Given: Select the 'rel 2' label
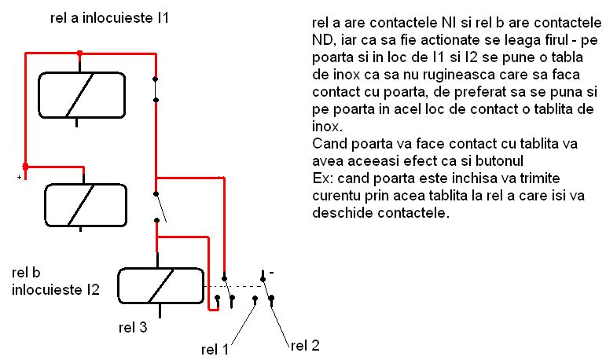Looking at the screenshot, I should (305, 344).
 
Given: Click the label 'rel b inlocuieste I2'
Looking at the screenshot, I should (55, 282).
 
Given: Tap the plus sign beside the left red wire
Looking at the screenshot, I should (18, 178).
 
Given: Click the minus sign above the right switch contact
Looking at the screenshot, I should (271, 274).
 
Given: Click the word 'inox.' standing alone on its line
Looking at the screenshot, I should (326, 126).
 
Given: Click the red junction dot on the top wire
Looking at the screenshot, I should (79, 53).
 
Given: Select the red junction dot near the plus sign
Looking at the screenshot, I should (26, 166).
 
